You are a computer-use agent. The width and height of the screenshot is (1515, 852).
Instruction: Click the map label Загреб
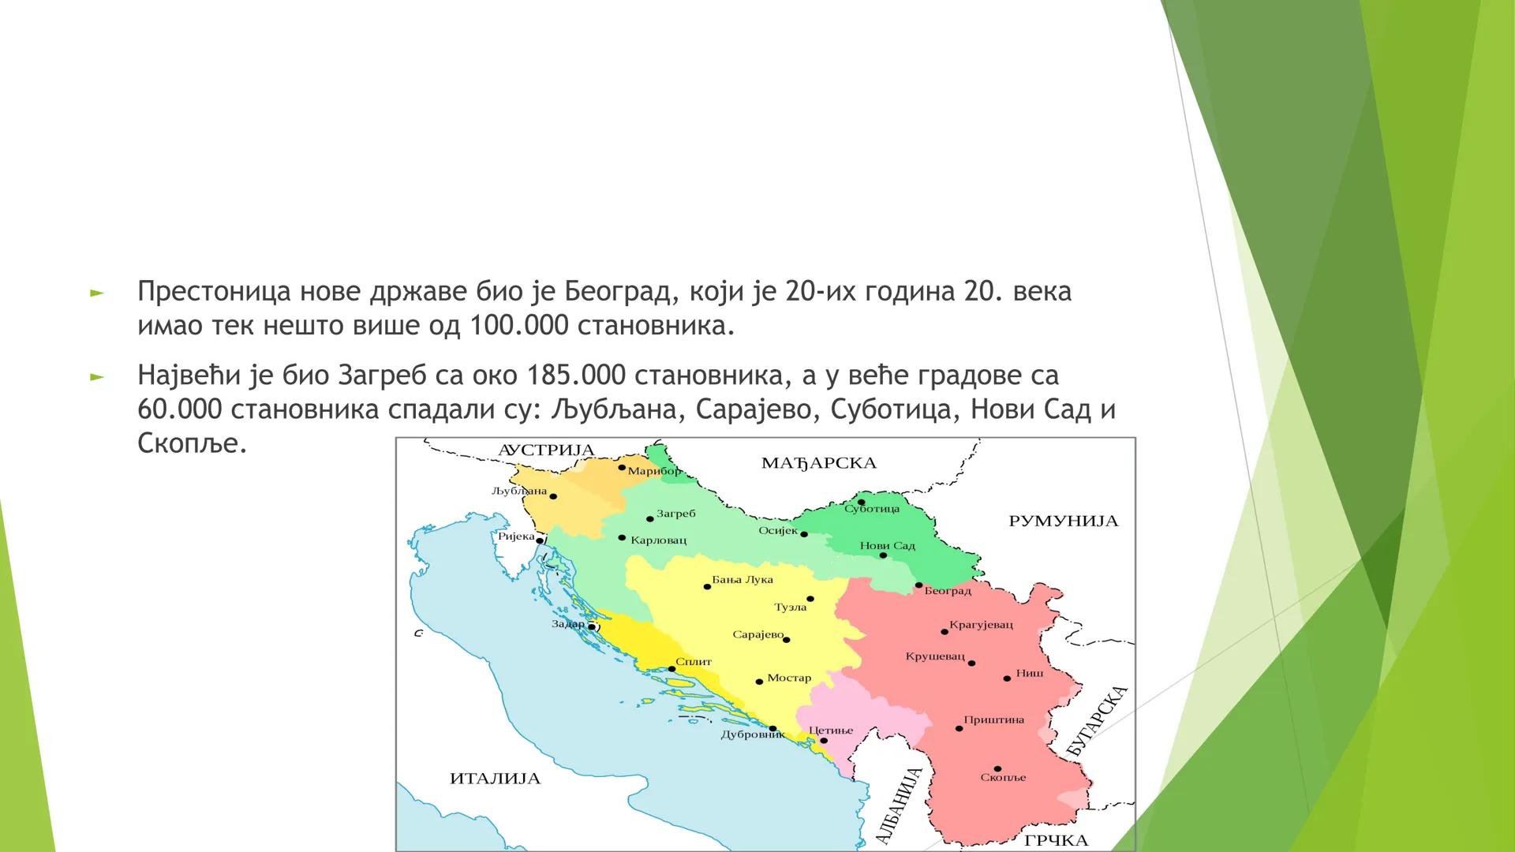(675, 514)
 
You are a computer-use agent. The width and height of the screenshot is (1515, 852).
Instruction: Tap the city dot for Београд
(918, 585)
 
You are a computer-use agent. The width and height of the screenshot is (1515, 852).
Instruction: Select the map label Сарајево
(757, 634)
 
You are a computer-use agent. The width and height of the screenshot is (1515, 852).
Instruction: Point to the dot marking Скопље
(997, 768)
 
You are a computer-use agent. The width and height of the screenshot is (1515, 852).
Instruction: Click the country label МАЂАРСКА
(819, 463)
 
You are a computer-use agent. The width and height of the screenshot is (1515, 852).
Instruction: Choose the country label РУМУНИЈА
(1063, 521)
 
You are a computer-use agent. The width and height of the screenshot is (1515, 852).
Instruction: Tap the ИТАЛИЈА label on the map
(495, 779)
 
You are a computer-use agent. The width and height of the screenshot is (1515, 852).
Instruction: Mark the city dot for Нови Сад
(883, 555)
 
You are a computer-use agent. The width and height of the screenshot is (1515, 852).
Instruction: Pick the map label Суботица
(871, 510)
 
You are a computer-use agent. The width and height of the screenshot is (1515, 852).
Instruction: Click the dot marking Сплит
(671, 669)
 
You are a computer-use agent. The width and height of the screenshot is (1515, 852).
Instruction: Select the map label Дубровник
(753, 735)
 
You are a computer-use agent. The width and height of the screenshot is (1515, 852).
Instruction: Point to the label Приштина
(993, 719)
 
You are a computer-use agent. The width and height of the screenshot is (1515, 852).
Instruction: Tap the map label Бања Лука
(742, 579)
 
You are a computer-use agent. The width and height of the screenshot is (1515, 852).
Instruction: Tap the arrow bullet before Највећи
(96, 377)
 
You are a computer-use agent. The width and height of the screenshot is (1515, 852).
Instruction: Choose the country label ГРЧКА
(1056, 841)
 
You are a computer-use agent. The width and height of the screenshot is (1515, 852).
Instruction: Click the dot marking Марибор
(622, 468)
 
